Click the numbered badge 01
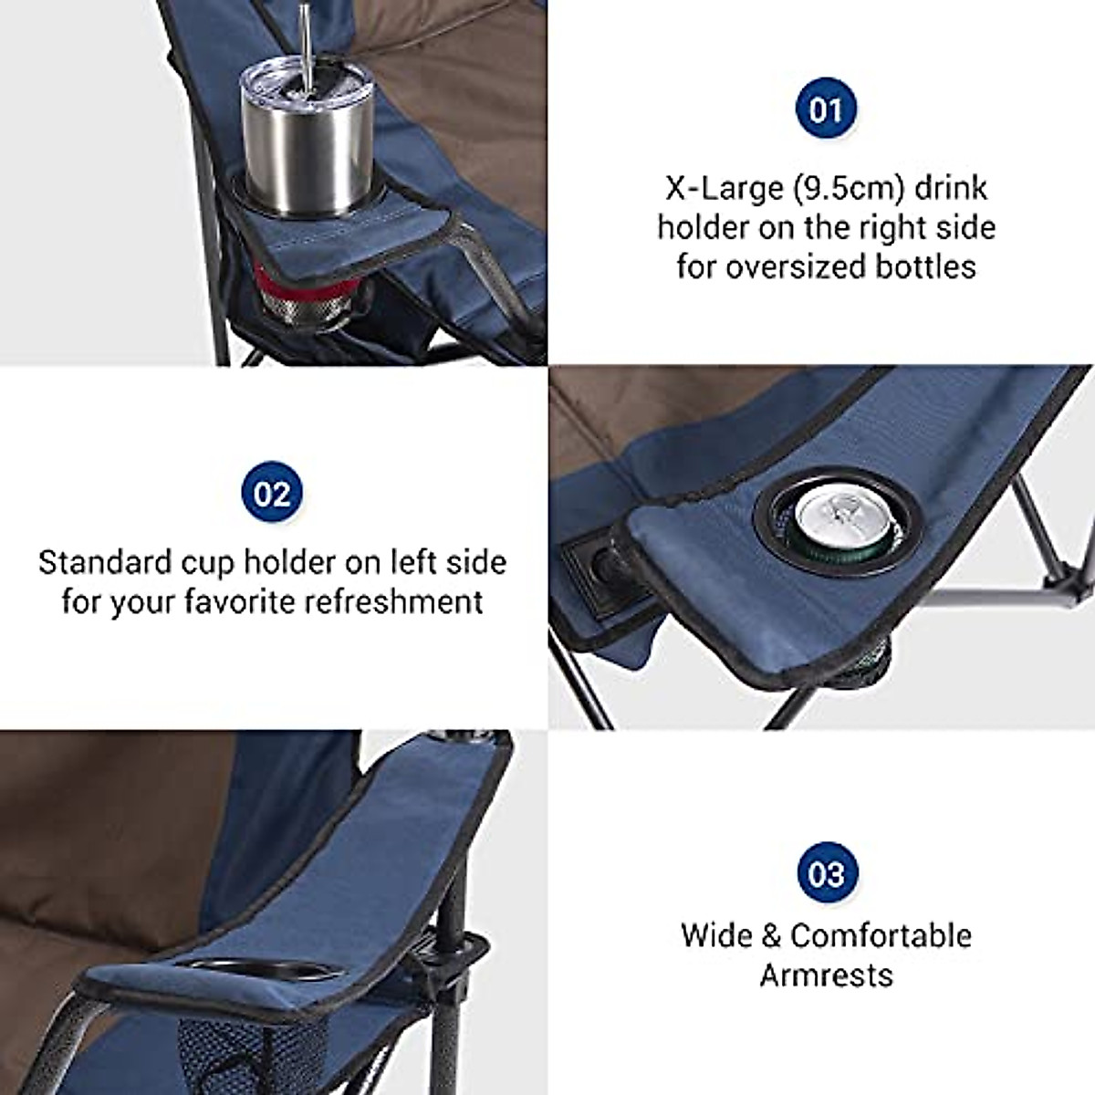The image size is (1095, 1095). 826,110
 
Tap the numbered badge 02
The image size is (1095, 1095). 271,494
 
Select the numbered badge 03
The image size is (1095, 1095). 826,874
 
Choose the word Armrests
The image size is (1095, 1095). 826,975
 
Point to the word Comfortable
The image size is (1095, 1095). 881,935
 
